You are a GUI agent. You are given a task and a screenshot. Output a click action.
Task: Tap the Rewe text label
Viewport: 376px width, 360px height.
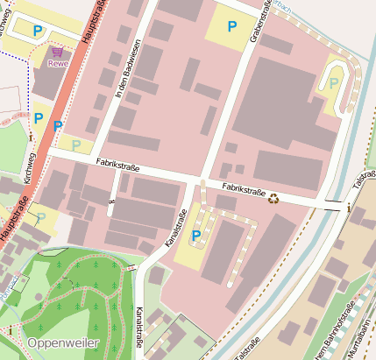pos(58,63)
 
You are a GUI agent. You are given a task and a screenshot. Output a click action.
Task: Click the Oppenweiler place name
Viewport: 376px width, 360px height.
pos(62,342)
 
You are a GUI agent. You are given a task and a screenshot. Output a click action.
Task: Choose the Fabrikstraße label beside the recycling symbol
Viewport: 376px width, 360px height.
pos(243,188)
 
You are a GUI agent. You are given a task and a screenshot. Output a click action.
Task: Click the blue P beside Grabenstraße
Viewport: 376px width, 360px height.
pos(231,27)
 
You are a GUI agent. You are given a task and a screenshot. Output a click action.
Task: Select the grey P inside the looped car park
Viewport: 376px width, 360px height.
pos(334,83)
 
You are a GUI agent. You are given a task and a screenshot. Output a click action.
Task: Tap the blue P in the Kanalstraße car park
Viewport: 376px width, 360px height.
pos(195,236)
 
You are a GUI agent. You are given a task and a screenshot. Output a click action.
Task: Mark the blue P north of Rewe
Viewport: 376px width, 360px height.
pos(38,31)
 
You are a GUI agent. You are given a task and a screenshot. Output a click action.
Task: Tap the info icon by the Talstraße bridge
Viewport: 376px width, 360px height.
pos(349,208)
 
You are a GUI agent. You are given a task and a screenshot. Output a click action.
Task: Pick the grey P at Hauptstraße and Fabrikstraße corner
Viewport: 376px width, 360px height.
pos(76,144)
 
